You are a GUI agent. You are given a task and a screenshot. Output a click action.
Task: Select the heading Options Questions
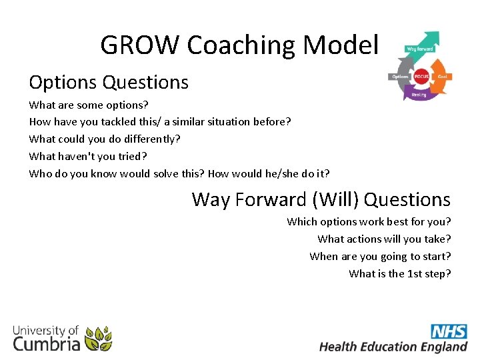109,83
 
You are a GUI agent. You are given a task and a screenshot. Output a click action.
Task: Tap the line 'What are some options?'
89,105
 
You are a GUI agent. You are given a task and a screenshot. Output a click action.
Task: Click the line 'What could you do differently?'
105,139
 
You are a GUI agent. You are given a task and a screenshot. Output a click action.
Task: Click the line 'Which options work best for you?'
369,221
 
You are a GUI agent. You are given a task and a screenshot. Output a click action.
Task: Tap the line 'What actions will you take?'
384,239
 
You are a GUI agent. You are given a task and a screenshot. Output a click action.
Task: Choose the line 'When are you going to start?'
380,256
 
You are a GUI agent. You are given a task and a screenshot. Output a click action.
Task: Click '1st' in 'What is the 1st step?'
415,273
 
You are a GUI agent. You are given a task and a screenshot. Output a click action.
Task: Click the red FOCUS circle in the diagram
421,77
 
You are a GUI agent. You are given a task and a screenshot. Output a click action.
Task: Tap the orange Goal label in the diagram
442,77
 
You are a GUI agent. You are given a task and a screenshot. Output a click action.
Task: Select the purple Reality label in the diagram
419,95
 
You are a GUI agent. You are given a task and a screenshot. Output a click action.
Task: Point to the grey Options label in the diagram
400,77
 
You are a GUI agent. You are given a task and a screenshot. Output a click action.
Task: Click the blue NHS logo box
449,331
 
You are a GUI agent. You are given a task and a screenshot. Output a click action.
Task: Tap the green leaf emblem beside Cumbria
99,338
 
